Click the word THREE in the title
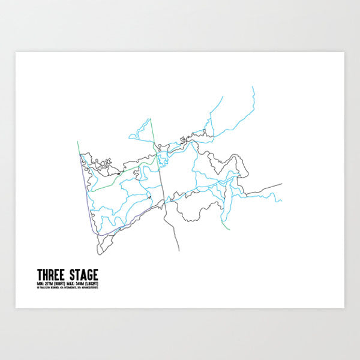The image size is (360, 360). pyautogui.click(x=50, y=274)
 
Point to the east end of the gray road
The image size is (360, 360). pyautogui.click(x=281, y=184)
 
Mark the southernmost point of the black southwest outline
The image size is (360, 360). pyautogui.click(x=102, y=253)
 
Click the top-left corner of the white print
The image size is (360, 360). pyautogui.click(x=16, y=53)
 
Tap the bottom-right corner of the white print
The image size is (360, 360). pyautogui.click(x=343, y=307)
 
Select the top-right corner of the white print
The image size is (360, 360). pyautogui.click(x=343, y=53)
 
